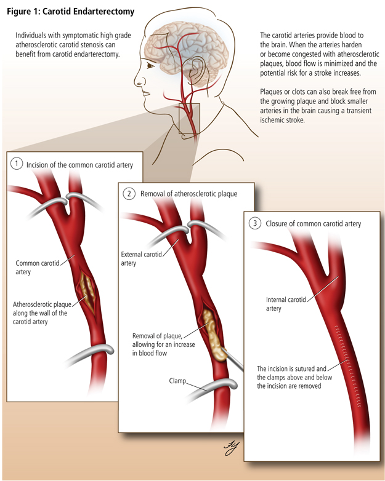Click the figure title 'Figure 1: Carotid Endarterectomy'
(70, 12)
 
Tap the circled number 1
(17, 165)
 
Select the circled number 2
(129, 194)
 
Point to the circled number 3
(254, 224)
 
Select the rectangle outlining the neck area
(189, 118)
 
